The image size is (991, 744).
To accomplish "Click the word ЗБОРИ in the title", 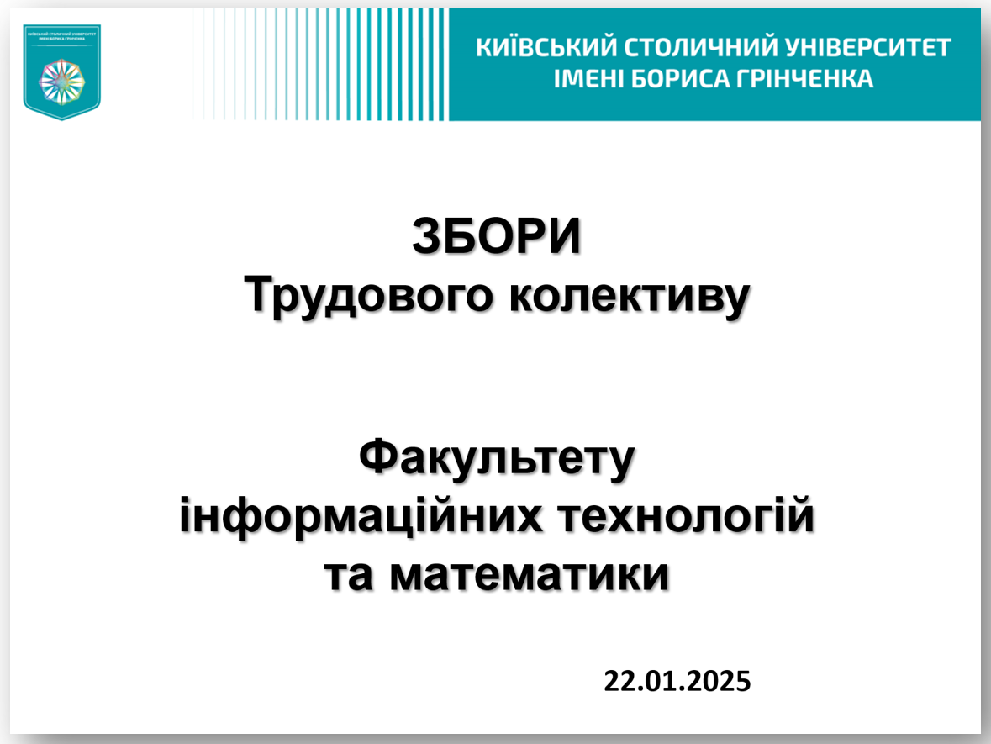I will coord(496,238).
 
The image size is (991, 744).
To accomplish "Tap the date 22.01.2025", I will coord(677,679).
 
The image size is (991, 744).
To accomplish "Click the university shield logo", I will coord(61,71).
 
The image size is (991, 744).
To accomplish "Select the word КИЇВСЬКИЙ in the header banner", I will coord(536,48).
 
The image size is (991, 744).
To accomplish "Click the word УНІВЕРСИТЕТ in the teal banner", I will coord(862,48).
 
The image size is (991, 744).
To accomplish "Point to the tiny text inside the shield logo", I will coord(61,36).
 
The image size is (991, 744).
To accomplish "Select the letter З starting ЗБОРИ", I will coord(425,238).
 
